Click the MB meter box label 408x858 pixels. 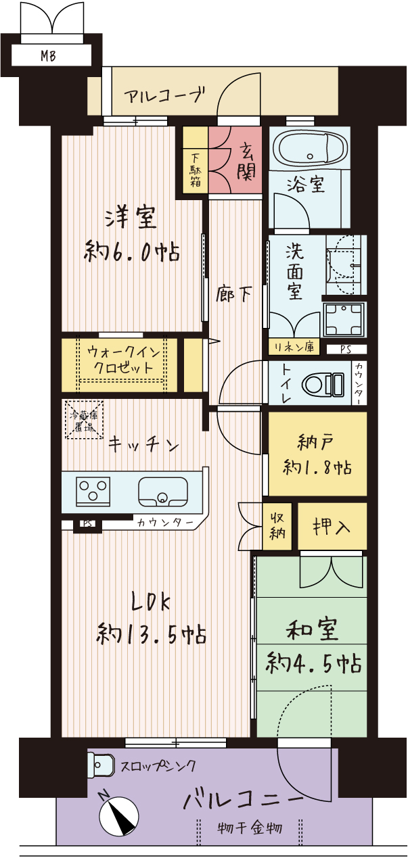tap(48, 56)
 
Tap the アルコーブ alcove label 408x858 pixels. tap(164, 95)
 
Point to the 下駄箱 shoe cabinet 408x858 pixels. tap(195, 160)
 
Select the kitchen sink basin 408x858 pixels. tap(163, 492)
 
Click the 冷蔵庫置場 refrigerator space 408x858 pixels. tap(84, 420)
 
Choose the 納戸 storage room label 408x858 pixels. tap(315, 442)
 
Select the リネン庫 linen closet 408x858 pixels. tap(294, 347)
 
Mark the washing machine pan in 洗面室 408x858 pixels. tap(344, 319)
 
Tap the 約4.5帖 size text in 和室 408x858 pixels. tap(314, 663)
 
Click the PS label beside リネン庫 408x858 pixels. tap(346, 350)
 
